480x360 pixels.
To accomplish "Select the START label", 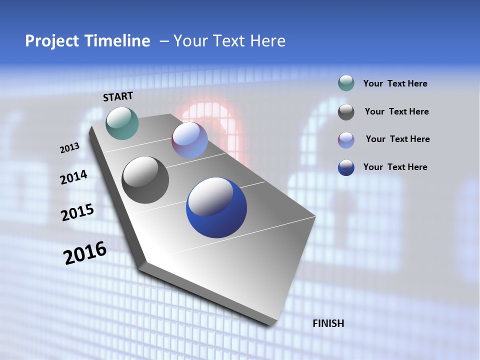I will (x=118, y=96).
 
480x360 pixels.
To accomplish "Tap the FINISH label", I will (x=328, y=323).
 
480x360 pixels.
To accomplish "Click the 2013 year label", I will (x=69, y=148).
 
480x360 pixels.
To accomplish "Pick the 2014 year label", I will (x=73, y=177).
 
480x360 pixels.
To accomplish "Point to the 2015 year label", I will (x=77, y=212).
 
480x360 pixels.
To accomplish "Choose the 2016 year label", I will (x=85, y=253).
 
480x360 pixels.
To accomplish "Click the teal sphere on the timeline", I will (x=122, y=123).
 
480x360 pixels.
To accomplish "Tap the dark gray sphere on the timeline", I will (x=145, y=180).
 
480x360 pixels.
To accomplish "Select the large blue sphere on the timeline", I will (x=216, y=207).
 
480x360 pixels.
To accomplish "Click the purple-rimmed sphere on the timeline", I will (x=190, y=140).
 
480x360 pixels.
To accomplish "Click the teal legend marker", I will (x=346, y=83).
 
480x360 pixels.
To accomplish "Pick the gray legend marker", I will (x=346, y=112).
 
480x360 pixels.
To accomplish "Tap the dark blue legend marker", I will (x=346, y=167).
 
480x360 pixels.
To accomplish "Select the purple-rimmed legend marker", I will (x=346, y=140).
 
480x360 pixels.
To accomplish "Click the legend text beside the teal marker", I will (x=395, y=83).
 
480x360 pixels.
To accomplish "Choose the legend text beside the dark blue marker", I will (x=395, y=167).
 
